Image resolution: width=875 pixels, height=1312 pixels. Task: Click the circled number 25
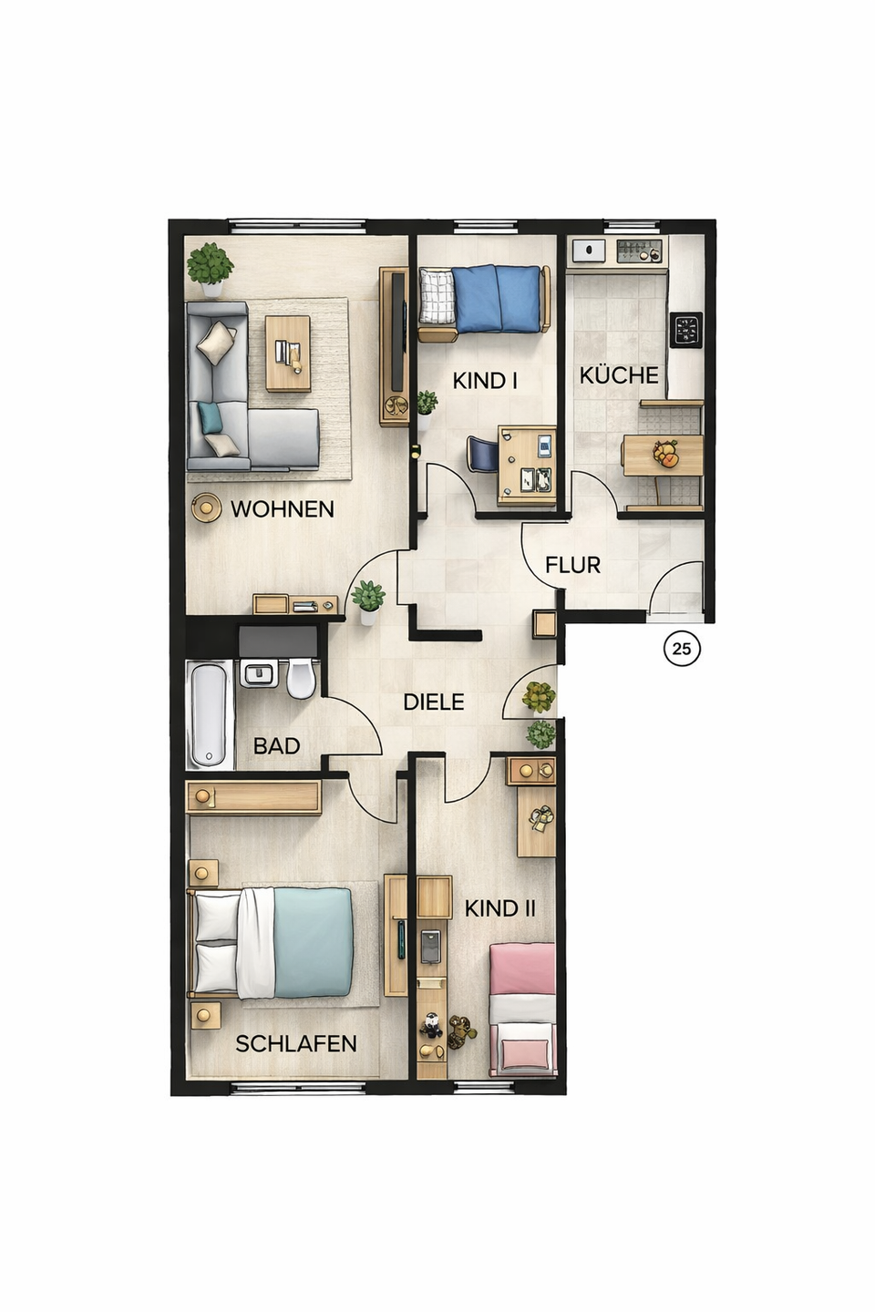tap(682, 649)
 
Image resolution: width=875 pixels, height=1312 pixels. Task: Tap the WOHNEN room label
tap(283, 509)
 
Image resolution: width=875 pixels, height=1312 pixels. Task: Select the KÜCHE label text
tap(619, 375)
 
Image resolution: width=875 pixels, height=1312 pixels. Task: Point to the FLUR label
tap(572, 565)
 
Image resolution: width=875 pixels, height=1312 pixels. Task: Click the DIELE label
tap(434, 702)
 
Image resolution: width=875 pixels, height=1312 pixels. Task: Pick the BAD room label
tap(276, 745)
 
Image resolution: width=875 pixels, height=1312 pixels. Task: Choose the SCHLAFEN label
tap(296, 1043)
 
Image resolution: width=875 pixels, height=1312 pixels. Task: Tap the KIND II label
tap(499, 908)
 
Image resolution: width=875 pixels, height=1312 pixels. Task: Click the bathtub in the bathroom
tap(210, 714)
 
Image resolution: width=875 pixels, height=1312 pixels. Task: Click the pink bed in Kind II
tap(522, 1010)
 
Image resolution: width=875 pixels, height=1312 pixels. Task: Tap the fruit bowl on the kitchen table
tap(666, 454)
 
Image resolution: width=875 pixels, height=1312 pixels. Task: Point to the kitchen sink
tap(588, 251)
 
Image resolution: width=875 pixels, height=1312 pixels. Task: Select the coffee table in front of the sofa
tap(288, 354)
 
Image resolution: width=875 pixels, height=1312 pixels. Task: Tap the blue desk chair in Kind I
tap(482, 453)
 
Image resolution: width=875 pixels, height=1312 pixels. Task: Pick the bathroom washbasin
tap(260, 673)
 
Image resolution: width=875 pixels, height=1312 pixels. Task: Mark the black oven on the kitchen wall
tap(686, 330)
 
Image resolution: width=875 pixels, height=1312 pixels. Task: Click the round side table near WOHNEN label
tap(206, 507)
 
